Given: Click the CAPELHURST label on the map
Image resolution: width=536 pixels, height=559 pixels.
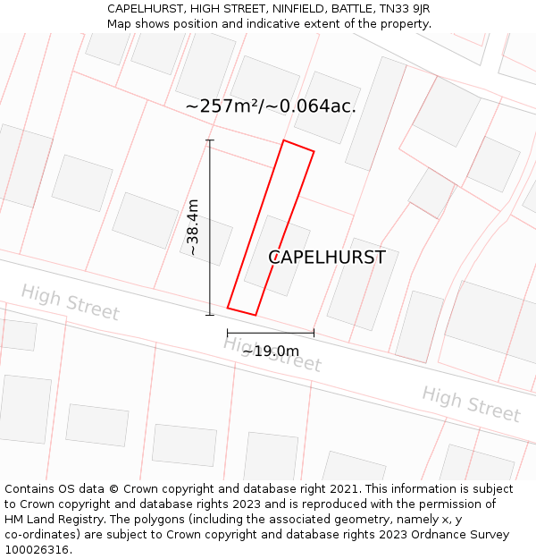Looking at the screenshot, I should [x=327, y=258].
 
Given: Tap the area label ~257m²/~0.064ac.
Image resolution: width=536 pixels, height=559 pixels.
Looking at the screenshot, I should [x=271, y=106].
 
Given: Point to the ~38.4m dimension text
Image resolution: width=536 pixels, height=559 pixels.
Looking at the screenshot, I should [x=193, y=227].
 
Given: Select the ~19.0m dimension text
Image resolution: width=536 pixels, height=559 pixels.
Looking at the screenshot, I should [x=270, y=351].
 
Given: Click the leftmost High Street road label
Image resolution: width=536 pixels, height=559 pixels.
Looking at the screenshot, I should [x=70, y=302].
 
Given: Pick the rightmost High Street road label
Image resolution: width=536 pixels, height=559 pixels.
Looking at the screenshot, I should [x=471, y=403].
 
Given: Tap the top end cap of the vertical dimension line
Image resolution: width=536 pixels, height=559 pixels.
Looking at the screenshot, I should [x=210, y=140].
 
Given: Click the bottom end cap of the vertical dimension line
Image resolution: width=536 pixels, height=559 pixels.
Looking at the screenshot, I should [x=210, y=315].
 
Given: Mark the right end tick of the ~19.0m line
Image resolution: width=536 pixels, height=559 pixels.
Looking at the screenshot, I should [x=314, y=334].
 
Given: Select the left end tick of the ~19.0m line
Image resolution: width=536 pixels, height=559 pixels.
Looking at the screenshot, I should [x=228, y=334].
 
